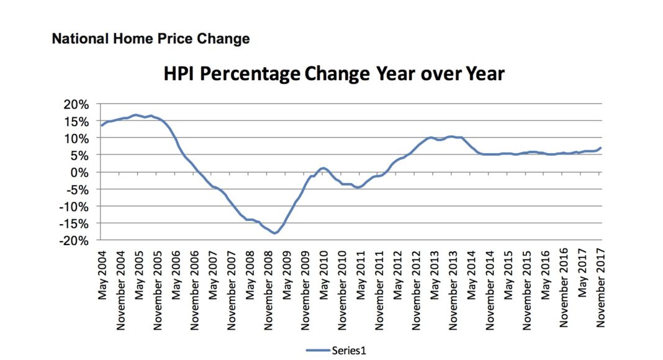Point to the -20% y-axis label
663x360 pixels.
tap(77, 240)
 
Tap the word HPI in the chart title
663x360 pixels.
tap(181, 74)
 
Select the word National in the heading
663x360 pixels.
tap(77, 38)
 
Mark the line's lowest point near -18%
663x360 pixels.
tap(274, 233)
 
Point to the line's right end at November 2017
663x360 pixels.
tap(600, 148)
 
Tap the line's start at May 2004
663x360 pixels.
tap(102, 125)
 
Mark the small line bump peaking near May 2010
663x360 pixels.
tap(323, 168)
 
